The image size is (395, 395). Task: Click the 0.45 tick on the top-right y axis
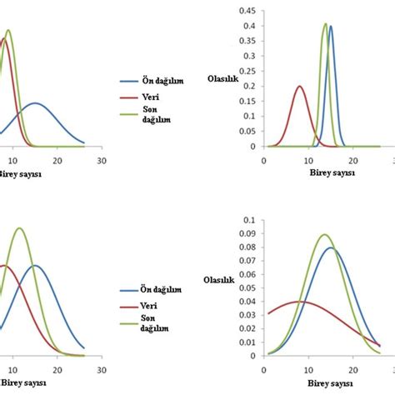point(247,12)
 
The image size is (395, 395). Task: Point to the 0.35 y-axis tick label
point(247,42)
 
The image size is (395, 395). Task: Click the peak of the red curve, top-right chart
point(300,86)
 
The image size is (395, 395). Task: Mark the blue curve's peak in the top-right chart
point(331,26)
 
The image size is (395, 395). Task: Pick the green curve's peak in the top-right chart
point(325,23)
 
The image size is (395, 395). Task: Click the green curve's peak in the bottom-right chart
point(324,235)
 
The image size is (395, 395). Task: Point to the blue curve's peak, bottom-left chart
point(35,265)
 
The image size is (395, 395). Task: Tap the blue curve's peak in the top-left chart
point(35,103)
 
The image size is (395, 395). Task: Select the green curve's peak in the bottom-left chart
point(18,227)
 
